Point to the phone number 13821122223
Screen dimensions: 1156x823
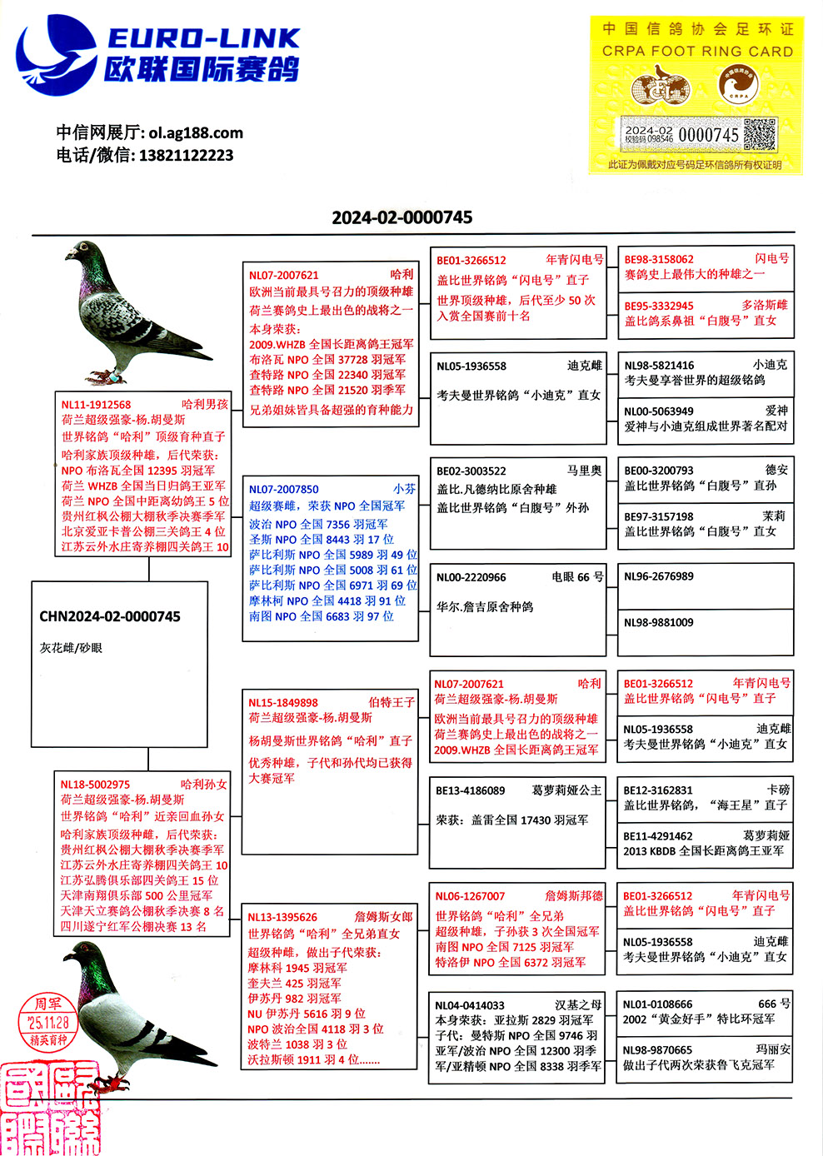186,155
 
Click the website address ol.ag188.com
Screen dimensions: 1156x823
196,132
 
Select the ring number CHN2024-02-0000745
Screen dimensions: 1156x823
110,616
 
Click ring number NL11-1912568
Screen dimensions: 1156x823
97,405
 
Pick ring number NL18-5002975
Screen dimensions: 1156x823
95,784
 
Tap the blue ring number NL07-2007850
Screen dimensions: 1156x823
283,489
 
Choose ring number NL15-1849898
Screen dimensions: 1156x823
283,702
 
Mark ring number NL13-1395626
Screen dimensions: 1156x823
282,916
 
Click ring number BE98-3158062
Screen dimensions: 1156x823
659,259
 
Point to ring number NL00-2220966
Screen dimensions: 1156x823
471,577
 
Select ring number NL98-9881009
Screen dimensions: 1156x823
659,622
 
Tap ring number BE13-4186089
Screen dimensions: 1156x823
471,790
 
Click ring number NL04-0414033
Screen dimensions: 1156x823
470,1005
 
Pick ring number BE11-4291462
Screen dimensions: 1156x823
658,835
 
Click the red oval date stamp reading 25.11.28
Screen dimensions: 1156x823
48,1021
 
